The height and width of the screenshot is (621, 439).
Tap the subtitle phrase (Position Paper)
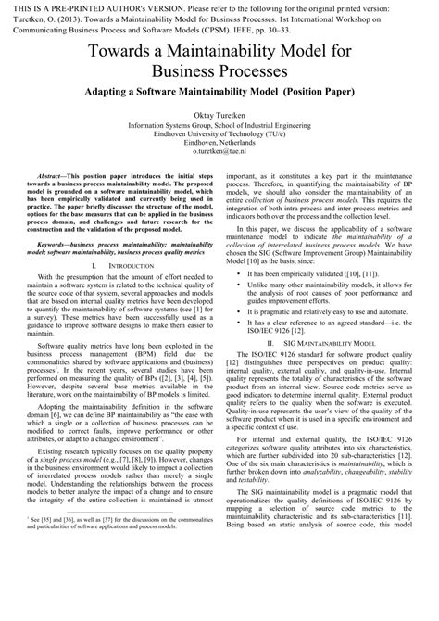307,95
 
